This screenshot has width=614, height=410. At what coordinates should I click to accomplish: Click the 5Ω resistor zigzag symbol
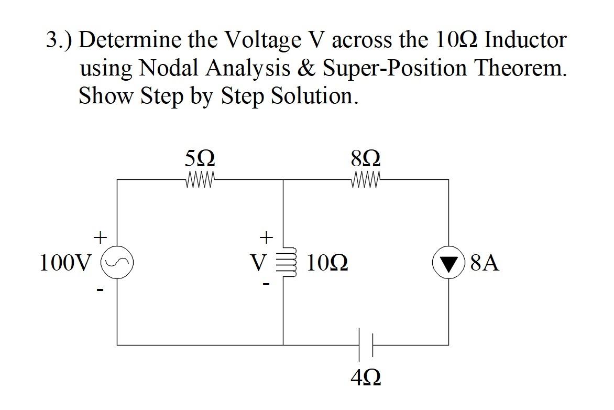(200, 180)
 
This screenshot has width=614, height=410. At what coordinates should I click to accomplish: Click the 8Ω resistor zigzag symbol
(367, 180)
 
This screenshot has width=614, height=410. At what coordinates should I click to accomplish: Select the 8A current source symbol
(448, 262)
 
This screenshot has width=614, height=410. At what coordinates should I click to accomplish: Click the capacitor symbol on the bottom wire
(366, 344)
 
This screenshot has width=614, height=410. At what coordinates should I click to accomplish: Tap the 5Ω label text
(200, 158)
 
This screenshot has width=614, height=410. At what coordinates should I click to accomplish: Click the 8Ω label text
(367, 158)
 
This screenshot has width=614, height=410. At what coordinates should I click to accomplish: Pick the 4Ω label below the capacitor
(366, 377)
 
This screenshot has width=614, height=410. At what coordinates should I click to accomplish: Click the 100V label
(65, 263)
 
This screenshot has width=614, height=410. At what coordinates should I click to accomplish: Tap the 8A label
(485, 263)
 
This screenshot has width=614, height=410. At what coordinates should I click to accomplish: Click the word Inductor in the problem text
(525, 40)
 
